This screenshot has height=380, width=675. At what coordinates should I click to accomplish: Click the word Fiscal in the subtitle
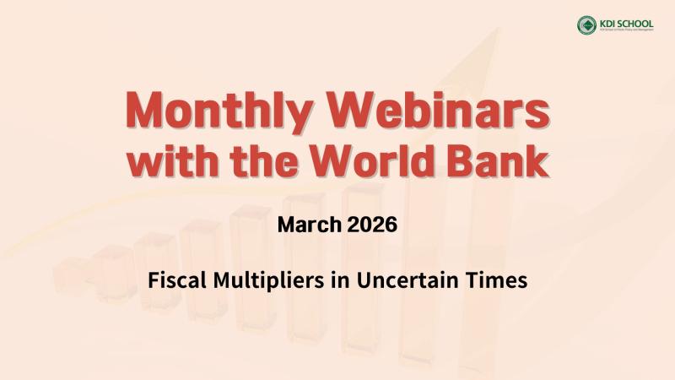click(x=174, y=280)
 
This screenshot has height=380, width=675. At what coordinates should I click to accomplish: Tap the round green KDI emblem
click(x=586, y=25)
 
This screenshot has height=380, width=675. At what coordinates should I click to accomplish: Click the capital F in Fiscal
click(x=154, y=280)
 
